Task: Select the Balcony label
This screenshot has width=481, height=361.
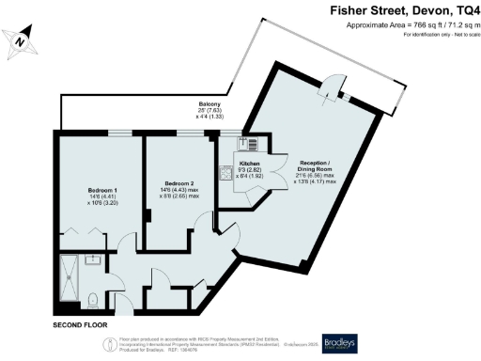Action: point(209,104)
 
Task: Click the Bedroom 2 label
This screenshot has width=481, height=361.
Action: point(178,183)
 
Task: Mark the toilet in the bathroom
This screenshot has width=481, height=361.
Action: point(91,300)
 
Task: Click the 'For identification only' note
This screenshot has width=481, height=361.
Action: point(438,35)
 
